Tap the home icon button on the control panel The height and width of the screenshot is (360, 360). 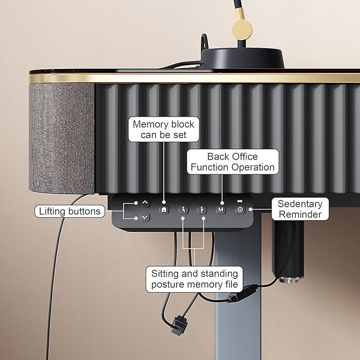click(x=164, y=209)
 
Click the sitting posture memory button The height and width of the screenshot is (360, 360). click(x=183, y=209)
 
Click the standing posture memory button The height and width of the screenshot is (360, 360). click(x=201, y=209)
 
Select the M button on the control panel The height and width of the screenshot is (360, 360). click(x=221, y=209)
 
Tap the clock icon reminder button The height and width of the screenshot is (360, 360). click(x=240, y=209)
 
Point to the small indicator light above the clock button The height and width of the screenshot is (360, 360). click(x=240, y=201)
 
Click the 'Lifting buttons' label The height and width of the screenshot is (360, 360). click(x=70, y=211)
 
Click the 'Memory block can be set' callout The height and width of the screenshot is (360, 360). click(x=163, y=129)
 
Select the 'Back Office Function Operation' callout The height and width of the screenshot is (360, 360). click(x=233, y=162)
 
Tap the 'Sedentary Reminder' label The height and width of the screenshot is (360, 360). click(x=300, y=209)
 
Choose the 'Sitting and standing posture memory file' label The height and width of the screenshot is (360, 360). click(x=195, y=279)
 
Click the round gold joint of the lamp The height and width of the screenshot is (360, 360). click(x=242, y=29)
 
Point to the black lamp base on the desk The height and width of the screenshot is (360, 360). click(x=242, y=58)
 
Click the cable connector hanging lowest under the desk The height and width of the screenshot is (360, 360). click(x=179, y=326)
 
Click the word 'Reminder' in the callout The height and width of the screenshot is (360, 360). click(x=300, y=214)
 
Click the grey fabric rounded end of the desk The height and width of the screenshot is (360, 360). click(x=62, y=138)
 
